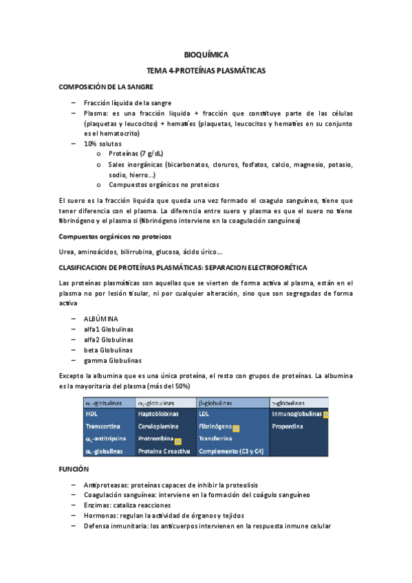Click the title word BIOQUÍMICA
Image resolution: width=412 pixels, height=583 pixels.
[206, 54]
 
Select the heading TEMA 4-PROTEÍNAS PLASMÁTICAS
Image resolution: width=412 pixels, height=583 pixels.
[206, 70]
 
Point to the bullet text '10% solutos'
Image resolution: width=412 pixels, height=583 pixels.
[102, 144]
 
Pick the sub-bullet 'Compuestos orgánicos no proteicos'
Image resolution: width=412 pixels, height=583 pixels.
[164, 184]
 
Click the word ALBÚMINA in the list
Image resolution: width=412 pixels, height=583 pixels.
[100, 319]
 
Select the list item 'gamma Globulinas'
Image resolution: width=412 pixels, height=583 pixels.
[112, 360]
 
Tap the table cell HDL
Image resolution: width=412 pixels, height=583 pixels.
[91, 415]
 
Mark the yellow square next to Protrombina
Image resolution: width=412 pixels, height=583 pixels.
[177, 441]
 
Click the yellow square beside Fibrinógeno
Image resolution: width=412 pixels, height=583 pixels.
[236, 428]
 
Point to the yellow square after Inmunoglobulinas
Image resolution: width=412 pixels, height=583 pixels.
[326, 415]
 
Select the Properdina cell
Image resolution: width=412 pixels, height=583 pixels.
[288, 427]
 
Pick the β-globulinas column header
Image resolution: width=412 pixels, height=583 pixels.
[215, 403]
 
